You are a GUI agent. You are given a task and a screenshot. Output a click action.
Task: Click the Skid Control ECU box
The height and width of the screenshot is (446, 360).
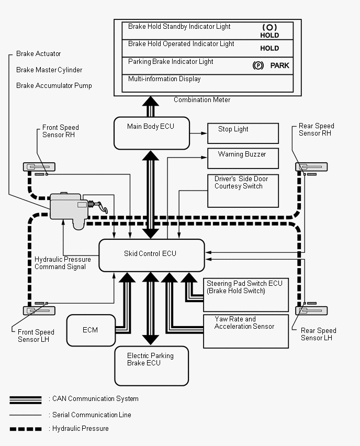pos(152,255)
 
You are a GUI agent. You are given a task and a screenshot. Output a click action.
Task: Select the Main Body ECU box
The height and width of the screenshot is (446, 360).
pos(152,133)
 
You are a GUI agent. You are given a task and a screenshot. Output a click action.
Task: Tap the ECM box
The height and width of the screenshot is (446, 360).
pos(91,330)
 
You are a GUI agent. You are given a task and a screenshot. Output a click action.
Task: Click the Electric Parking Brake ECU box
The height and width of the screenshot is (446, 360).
pos(152,366)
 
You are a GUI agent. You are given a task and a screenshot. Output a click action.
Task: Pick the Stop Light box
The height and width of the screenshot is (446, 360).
pos(243,133)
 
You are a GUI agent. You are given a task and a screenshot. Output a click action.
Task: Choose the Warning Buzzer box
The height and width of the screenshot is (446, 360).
pos(243,159)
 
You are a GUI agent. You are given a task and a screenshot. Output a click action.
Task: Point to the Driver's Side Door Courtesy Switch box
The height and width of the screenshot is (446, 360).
pos(243,191)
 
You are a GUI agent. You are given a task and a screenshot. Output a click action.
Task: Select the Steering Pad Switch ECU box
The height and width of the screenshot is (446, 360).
pos(246,295)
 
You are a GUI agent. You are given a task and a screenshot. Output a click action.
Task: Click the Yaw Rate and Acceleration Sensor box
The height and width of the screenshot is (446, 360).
pos(246,331)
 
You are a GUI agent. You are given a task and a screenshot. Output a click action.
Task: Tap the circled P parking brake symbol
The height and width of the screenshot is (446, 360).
pos(258,66)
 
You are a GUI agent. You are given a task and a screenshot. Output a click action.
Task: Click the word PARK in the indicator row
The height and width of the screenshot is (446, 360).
pos(279,66)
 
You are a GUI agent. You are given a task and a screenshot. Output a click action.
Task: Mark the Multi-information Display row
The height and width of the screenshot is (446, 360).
pos(208,83)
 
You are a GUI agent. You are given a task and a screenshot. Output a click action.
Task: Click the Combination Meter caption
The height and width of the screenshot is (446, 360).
pos(202,100)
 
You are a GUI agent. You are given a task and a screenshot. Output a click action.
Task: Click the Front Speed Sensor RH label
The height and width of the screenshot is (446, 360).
pos(61,131)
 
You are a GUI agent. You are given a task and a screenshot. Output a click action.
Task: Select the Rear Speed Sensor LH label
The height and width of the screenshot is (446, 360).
pos(319,334)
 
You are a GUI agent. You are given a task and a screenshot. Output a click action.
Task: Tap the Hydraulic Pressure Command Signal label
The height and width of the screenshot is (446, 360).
pos(63,263)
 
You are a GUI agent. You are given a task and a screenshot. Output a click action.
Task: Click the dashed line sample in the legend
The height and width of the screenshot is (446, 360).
pos(26,429)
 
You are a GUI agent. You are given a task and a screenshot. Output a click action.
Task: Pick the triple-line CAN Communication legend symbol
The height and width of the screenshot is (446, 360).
pos(26,400)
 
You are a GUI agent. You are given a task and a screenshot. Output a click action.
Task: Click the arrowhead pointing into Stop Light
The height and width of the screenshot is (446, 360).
pos(204,133)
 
